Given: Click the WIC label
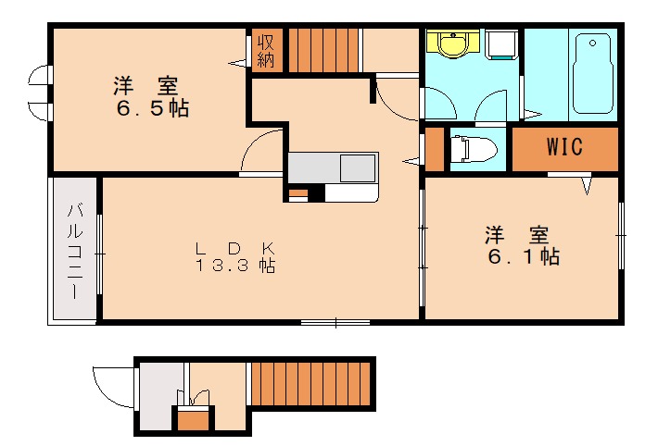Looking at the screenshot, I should tap(564, 146).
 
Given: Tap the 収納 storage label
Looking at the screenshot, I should tap(266, 50).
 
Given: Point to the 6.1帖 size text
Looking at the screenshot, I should tap(524, 255).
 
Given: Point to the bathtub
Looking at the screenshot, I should tap(591, 74).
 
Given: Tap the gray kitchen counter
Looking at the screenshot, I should tap(332, 168).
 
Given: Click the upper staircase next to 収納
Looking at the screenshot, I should tap(323, 50).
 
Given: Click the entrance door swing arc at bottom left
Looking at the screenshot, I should tap(110, 384).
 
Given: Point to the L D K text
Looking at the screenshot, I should tap(234, 248).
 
